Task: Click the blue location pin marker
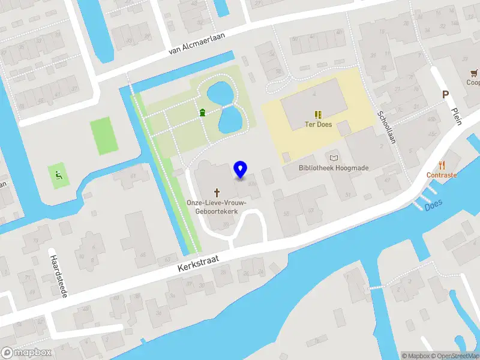click(241, 170)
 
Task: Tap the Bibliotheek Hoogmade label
click(334, 168)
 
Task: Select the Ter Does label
click(317, 126)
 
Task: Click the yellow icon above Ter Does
click(317, 114)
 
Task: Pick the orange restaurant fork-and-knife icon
click(442, 164)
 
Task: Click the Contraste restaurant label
click(442, 175)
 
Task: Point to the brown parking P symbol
click(445, 94)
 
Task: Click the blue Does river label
click(433, 205)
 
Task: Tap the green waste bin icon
click(203, 112)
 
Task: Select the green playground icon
click(59, 176)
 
